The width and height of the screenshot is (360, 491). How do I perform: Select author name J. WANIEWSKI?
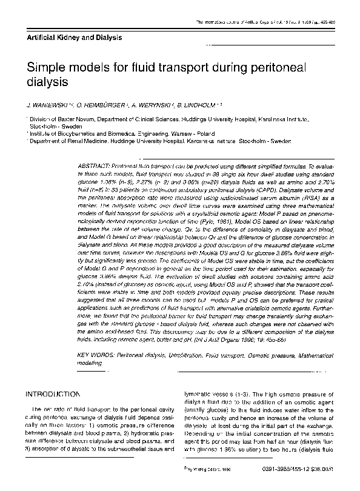tap(50, 104)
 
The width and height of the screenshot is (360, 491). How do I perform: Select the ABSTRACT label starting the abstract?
tap(96, 165)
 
